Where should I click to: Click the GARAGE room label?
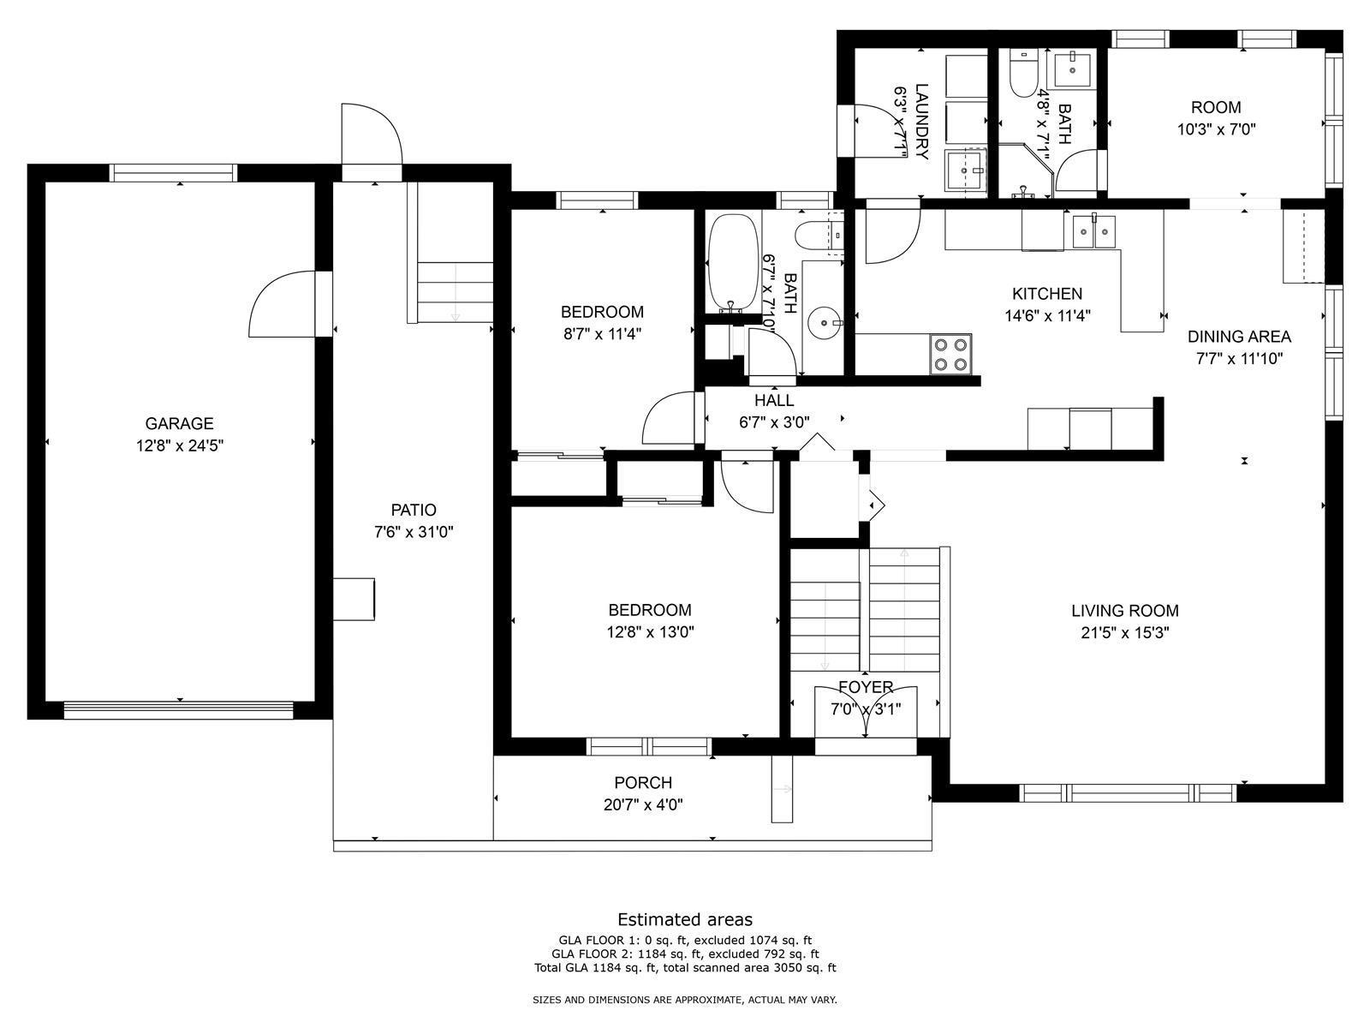click(179, 424)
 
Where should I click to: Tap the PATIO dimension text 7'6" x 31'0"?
click(414, 532)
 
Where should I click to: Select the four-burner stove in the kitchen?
click(950, 355)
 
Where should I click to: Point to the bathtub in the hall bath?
click(733, 263)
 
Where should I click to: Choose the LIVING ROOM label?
click(1125, 611)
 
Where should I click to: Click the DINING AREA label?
click(1239, 337)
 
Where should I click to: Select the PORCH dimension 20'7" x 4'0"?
click(643, 805)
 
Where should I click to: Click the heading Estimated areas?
click(685, 919)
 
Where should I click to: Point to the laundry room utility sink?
click(965, 170)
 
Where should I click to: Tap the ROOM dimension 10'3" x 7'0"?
click(1216, 130)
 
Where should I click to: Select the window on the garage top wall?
click(174, 173)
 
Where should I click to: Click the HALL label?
click(774, 400)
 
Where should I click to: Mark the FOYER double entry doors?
click(866, 712)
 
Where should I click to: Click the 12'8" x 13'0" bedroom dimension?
click(651, 632)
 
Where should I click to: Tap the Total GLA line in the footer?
click(685, 968)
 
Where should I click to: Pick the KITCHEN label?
click(1046, 293)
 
